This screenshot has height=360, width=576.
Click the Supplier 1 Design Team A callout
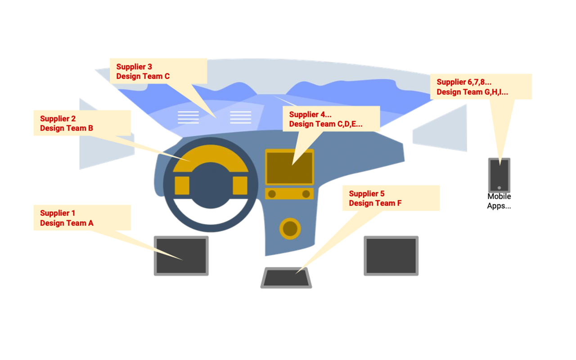click(82, 218)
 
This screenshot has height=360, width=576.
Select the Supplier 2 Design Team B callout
click(82, 123)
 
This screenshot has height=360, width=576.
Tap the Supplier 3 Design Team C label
click(158, 71)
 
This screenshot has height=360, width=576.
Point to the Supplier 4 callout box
click(331, 119)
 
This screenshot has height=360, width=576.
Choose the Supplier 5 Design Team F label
click(391, 198)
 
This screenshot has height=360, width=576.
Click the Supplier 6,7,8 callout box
click(481, 87)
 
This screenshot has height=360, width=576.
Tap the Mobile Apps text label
click(499, 201)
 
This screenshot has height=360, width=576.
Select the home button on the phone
click(499, 188)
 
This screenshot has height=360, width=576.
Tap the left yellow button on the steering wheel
click(182, 185)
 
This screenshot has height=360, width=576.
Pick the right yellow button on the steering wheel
click(240, 185)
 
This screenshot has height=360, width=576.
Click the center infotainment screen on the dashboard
click(289, 167)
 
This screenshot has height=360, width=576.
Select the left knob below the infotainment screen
click(271, 194)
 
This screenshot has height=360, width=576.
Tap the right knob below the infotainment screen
click(306, 194)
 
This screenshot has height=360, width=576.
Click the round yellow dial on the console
click(290, 229)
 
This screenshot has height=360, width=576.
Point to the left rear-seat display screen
click(181, 256)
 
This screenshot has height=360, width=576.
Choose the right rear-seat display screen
click(391, 256)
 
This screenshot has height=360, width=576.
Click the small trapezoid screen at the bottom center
click(286, 278)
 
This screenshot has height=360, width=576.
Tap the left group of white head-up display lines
click(188, 117)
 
